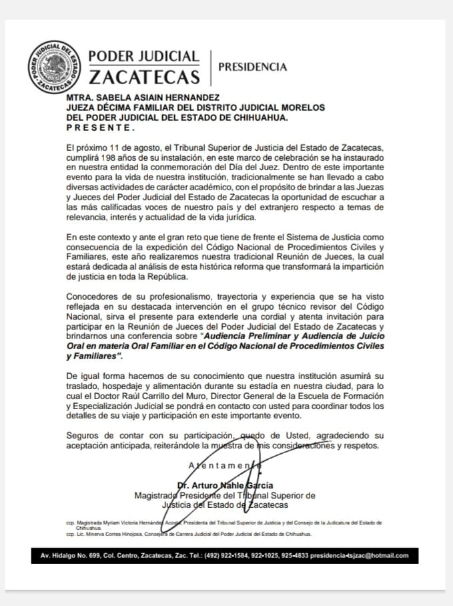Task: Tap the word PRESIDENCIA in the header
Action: pos(253,67)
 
